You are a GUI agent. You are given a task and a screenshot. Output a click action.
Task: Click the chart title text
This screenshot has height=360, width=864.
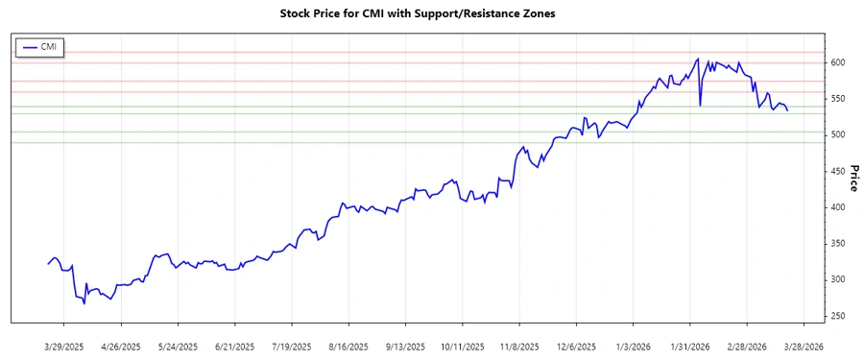(431, 14)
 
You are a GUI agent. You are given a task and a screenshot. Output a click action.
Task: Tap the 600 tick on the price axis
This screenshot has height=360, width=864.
(838, 62)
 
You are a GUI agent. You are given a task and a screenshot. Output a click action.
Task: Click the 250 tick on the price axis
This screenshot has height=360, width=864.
(838, 316)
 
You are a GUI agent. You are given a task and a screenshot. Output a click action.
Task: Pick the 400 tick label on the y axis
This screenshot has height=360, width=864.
(838, 207)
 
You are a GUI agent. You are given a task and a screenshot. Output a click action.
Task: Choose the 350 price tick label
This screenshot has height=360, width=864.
(838, 244)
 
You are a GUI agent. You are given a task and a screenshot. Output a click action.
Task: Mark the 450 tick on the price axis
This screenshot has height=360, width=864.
(838, 171)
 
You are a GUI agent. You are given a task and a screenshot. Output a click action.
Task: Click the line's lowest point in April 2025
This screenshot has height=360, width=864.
(84, 303)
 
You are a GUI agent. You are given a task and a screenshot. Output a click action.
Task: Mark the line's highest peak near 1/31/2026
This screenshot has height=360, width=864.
(698, 59)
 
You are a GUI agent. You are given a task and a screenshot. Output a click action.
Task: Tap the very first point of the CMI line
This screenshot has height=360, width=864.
(47, 264)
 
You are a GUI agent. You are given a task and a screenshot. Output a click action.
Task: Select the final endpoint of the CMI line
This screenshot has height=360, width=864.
(788, 110)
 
